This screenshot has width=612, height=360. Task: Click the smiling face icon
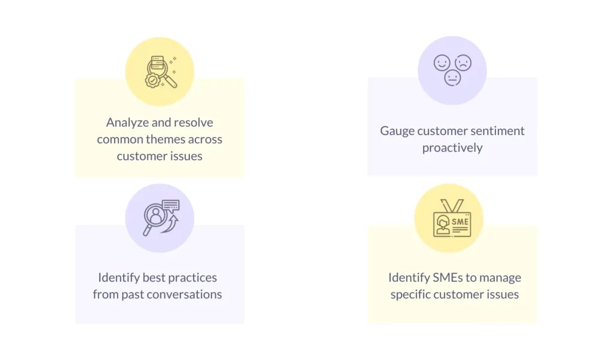[x=442, y=63]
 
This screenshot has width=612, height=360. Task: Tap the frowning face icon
[x=463, y=63]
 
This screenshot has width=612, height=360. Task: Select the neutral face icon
[x=452, y=78]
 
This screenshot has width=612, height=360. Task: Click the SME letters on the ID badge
[x=460, y=222]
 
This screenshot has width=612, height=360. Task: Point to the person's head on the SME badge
[x=443, y=222]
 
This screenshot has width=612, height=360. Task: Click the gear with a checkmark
[x=152, y=81]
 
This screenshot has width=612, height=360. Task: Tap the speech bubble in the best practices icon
[x=170, y=205]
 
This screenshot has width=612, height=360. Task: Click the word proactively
[x=452, y=148]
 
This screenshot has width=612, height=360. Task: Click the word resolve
[x=194, y=123]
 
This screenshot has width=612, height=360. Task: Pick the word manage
[x=500, y=278]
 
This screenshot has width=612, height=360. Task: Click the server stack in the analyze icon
[x=157, y=63]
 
